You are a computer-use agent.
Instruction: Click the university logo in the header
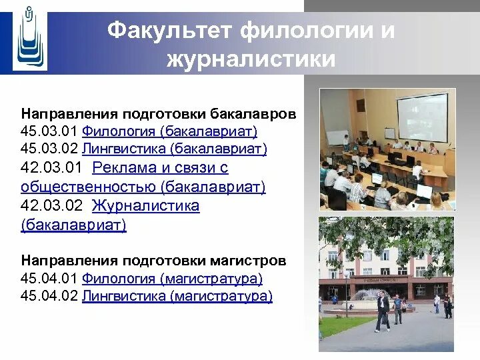pos(30,39)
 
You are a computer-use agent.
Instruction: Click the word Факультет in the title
pos(169,31)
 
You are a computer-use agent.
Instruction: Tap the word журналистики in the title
pos(251,59)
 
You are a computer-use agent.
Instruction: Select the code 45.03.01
pos(49,131)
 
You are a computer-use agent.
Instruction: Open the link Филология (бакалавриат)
pos(169,131)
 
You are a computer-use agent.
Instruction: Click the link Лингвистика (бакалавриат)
pos(175,149)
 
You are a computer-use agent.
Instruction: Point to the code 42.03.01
pos(51,168)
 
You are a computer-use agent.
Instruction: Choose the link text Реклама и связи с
pos(161,168)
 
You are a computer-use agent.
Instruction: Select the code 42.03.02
pos(51,205)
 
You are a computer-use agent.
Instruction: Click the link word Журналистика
pos(146,205)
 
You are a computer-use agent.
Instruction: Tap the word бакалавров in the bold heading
pos(253,114)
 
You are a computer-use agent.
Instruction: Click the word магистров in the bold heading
pos(248,261)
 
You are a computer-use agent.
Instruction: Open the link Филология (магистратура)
pos(173,279)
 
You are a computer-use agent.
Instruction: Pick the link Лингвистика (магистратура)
pos(177,296)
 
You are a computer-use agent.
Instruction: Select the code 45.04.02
pos(49,296)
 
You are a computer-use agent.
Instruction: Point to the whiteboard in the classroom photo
pos(337,137)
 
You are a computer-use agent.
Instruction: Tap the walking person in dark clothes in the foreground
pos(383,311)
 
